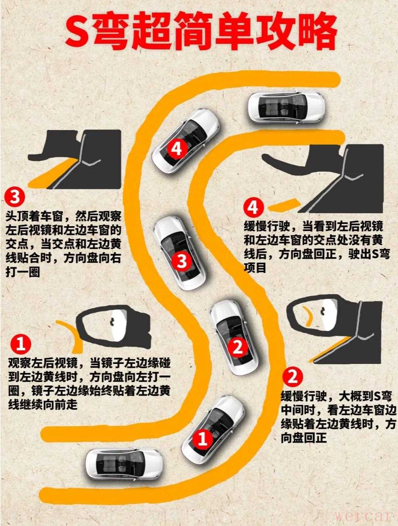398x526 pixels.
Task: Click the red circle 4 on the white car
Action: coord(177,149)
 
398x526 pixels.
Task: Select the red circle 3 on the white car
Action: coord(182,260)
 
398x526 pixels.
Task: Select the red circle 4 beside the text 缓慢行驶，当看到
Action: coord(254,208)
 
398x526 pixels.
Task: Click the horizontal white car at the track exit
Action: coord(286,108)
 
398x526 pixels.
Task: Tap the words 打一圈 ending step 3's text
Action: coord(22,273)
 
